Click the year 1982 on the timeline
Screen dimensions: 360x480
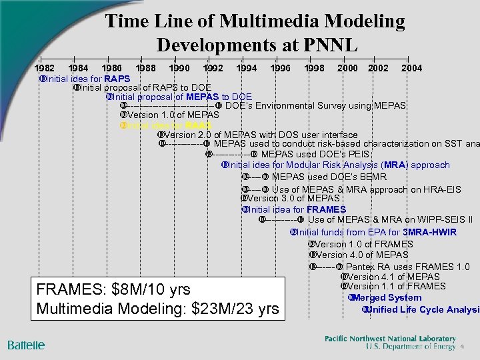point(45,68)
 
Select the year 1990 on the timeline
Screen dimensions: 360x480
point(179,68)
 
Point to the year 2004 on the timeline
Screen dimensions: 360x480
point(411,68)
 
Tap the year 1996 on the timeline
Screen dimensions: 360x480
point(281,68)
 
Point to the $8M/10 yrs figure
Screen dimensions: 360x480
point(145,289)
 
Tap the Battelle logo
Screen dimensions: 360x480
point(26,345)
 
